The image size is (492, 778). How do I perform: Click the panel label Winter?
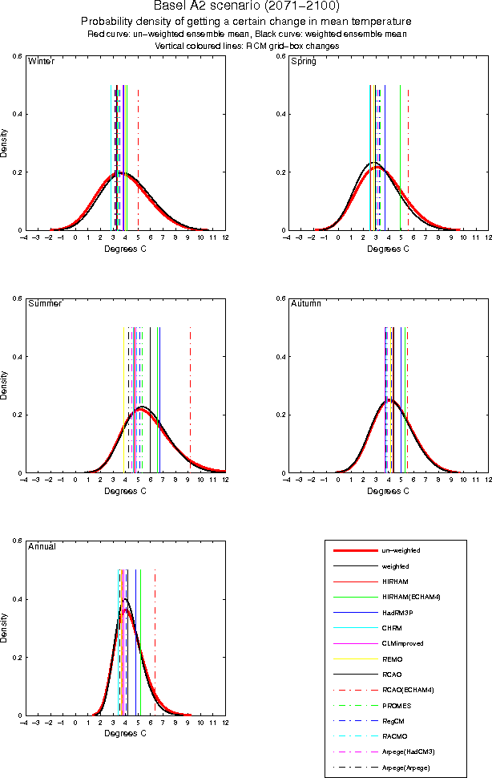(41, 62)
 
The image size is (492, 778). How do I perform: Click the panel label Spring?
(303, 62)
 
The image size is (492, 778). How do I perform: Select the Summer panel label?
(45, 304)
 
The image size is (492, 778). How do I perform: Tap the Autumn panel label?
(305, 304)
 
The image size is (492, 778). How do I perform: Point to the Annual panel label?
(42, 546)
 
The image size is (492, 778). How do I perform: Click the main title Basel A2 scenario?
(246, 6)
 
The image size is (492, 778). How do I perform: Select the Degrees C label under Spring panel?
(388, 249)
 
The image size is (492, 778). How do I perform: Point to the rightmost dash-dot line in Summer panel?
(190, 385)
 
